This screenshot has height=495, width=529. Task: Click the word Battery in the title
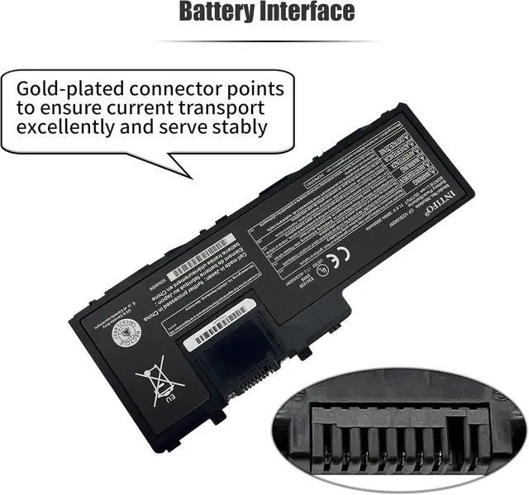222,12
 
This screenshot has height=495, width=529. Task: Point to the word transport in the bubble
222,108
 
